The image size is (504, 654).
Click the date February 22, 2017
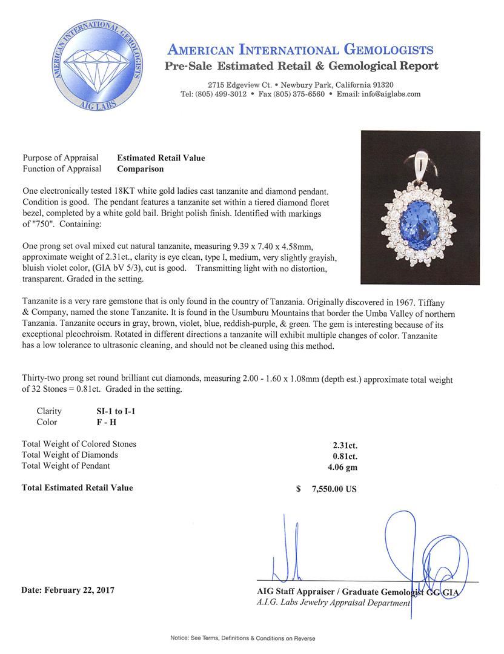[x=68, y=589]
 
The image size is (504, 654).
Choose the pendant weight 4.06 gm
[x=343, y=466]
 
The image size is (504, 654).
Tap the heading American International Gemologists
[x=300, y=50]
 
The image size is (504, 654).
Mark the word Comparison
[x=140, y=170]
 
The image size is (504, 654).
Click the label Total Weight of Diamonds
[x=70, y=455]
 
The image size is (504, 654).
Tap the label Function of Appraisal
[x=62, y=170]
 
